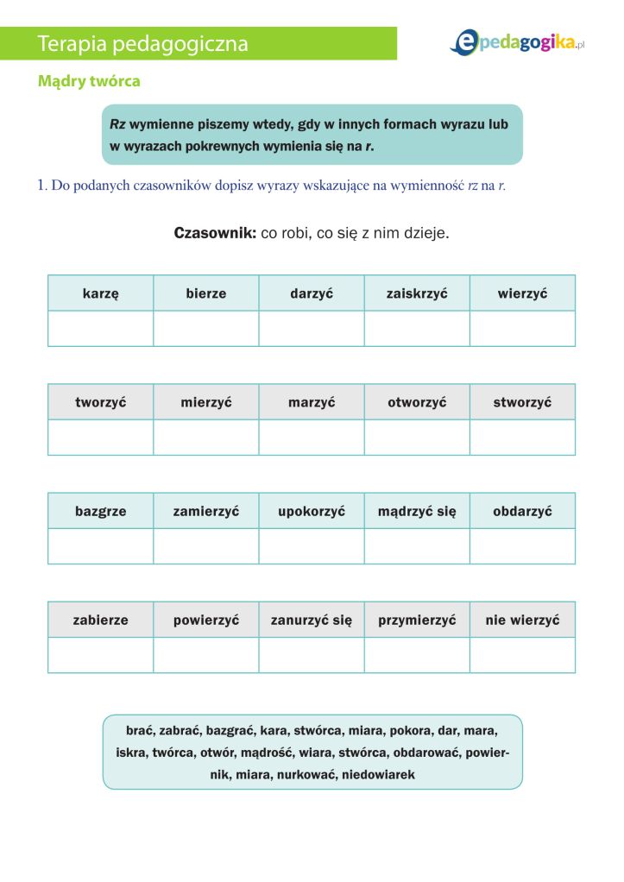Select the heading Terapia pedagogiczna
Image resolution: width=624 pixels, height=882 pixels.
click(x=143, y=44)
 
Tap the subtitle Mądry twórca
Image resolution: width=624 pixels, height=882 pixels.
click(x=89, y=81)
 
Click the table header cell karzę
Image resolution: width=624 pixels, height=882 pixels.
click(x=100, y=293)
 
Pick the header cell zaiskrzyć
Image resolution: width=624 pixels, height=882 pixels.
click(x=417, y=293)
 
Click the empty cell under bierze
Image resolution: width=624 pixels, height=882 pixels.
click(x=206, y=329)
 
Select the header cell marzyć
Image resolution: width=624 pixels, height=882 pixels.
click(x=312, y=402)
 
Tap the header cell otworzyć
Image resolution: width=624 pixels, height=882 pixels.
click(x=417, y=402)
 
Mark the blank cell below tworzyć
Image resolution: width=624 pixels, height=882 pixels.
click(x=100, y=438)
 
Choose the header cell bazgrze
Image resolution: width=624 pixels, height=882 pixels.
click(x=100, y=511)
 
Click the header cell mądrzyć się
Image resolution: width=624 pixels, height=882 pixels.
click(x=417, y=511)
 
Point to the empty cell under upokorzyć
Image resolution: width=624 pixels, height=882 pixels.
click(x=312, y=546)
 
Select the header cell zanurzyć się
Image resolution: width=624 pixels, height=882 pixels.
click(x=312, y=620)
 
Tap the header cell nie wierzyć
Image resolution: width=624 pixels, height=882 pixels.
click(x=522, y=620)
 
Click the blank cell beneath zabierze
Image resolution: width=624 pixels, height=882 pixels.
click(x=100, y=655)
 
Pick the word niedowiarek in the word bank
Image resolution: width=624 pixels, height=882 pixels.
click(x=378, y=775)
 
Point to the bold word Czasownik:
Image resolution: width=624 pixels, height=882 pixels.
click(x=215, y=234)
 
